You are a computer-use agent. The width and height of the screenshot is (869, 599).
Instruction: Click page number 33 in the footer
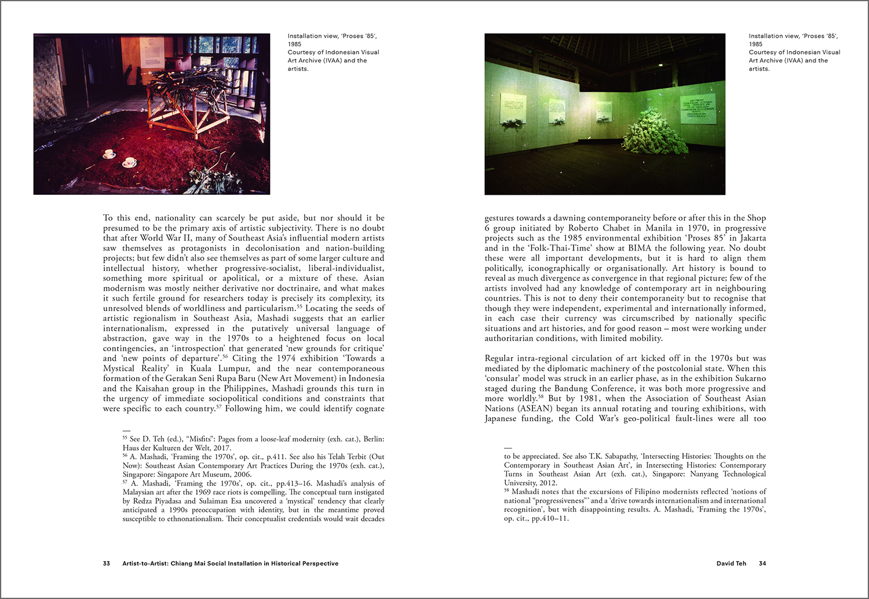107,563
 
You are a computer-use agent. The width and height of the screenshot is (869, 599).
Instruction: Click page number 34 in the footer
762,563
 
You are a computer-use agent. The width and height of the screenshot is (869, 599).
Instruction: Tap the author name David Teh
731,563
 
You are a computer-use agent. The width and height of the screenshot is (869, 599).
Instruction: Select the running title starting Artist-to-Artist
231,563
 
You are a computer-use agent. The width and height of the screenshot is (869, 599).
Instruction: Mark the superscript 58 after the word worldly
541,396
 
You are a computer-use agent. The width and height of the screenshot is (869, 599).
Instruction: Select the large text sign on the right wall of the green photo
698,108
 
